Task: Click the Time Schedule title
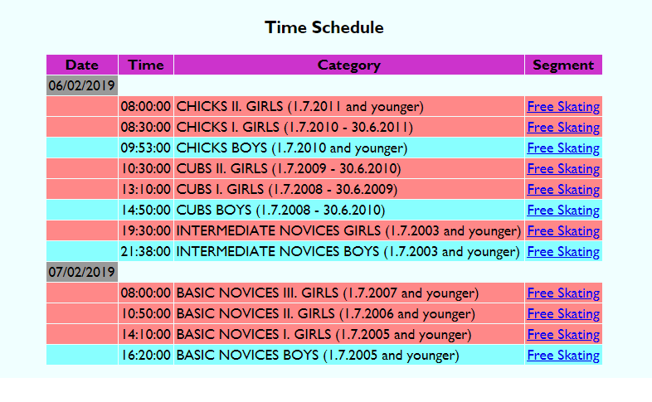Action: pos(324,27)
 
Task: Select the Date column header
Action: pos(82,65)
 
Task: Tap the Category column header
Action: pos(349,65)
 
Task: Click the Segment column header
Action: pos(563,65)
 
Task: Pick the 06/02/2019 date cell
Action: pos(82,85)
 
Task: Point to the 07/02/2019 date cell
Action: pos(82,272)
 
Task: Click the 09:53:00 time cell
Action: pos(145,148)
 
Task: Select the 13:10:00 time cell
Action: pos(145,189)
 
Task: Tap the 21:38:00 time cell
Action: pos(145,251)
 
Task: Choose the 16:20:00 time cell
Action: pos(145,355)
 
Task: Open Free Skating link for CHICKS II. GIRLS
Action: pos(563,107)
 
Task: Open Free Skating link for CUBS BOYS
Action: pos(563,211)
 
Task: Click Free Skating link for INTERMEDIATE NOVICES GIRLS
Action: pos(563,231)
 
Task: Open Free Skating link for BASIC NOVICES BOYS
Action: pos(563,355)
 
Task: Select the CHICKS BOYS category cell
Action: pos(349,148)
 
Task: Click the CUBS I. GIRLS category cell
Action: pos(349,189)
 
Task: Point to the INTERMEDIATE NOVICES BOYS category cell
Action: pos(349,251)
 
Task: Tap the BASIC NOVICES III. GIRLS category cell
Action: pos(349,293)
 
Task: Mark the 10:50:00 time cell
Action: pos(145,313)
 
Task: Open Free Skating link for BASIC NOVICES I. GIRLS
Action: pos(563,334)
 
